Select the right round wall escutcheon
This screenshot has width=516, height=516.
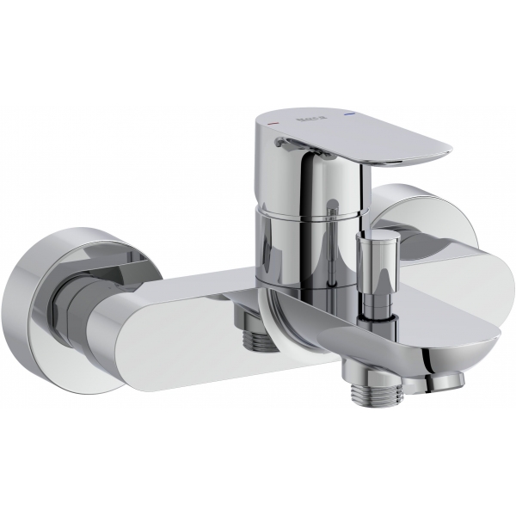pos(427,225)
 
